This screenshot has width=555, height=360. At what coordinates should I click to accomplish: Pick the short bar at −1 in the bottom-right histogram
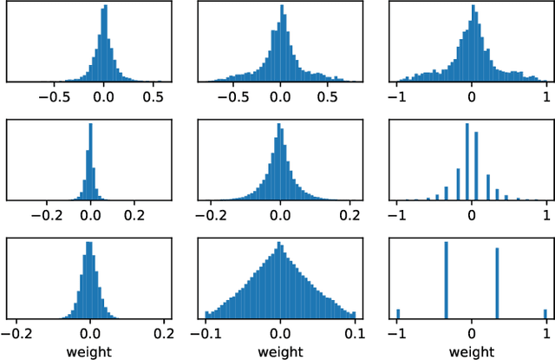398,314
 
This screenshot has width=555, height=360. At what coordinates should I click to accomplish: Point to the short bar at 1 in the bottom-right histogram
545,314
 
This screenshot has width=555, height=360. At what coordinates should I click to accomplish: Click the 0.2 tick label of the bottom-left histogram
164,332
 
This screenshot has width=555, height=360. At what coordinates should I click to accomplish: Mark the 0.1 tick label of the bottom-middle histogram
355,332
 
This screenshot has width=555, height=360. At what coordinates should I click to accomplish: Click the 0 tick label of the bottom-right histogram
471,332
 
